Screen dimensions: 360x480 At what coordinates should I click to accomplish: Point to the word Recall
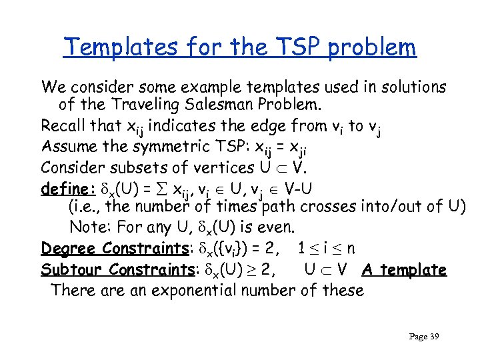[x=62, y=125]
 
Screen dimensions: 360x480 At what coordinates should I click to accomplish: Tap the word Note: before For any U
[x=90, y=227]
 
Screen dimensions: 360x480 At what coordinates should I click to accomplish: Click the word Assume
[x=65, y=145]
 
